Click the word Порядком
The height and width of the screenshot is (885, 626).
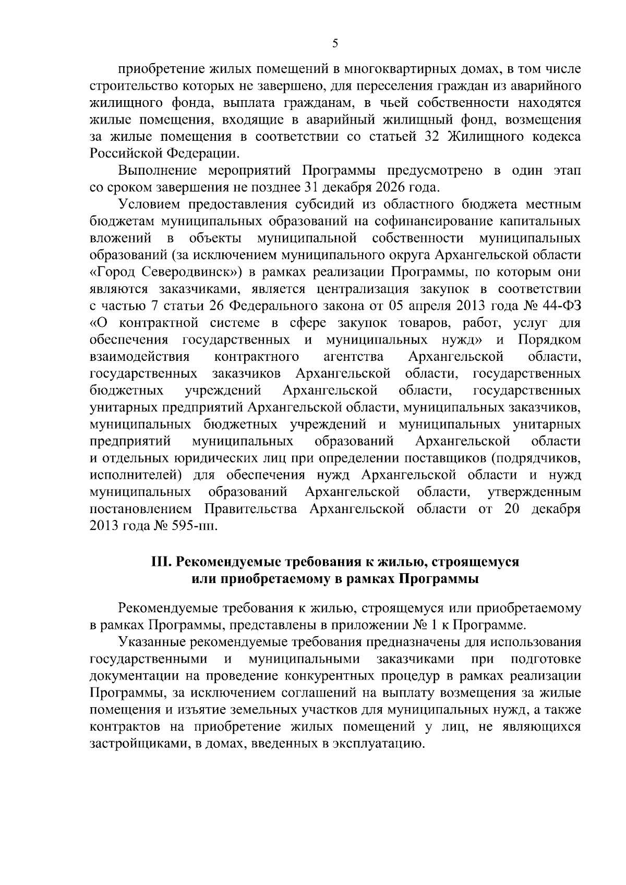click(x=549, y=340)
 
